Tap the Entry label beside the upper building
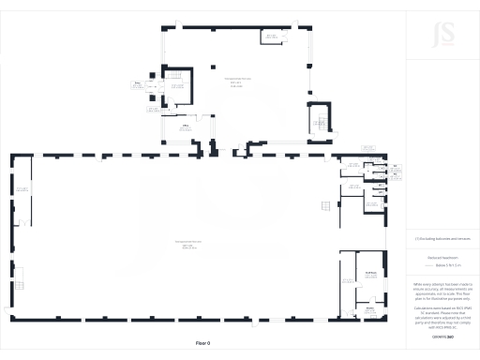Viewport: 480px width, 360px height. tap(137, 84)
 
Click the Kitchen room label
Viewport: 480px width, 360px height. tap(370, 307)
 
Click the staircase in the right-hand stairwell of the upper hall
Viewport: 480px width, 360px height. tap(319, 120)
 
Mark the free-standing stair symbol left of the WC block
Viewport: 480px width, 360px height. tap(324, 204)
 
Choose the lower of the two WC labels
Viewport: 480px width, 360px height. tap(395, 175)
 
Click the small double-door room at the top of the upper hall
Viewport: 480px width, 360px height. tap(272, 37)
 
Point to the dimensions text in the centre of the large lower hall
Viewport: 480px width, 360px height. tap(188, 246)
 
